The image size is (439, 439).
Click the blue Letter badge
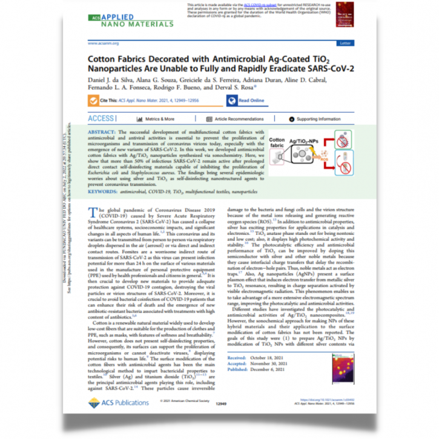click(346, 44)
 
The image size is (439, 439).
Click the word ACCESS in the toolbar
click(101, 119)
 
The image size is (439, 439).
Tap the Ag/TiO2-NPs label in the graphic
click(303, 141)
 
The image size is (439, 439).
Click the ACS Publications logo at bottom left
click(116, 403)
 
